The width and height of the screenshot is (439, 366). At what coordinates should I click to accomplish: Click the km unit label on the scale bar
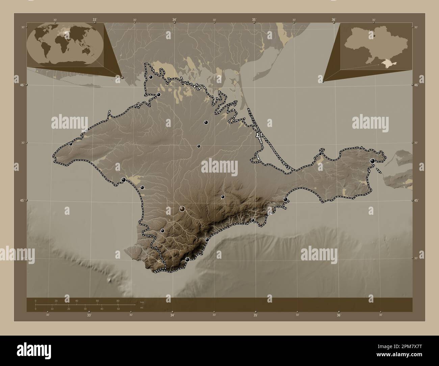142,302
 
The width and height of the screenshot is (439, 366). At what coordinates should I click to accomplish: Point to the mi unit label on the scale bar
141,307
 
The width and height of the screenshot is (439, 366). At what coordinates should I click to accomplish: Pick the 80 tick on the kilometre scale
118,301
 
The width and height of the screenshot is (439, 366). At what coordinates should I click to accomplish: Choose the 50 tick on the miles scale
118,309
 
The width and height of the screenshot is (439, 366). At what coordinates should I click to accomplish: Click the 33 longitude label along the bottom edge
89,315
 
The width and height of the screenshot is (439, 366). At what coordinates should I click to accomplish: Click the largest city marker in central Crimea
182,209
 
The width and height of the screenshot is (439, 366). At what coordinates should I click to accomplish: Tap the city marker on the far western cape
71,144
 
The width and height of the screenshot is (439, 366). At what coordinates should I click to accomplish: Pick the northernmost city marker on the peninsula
151,77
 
